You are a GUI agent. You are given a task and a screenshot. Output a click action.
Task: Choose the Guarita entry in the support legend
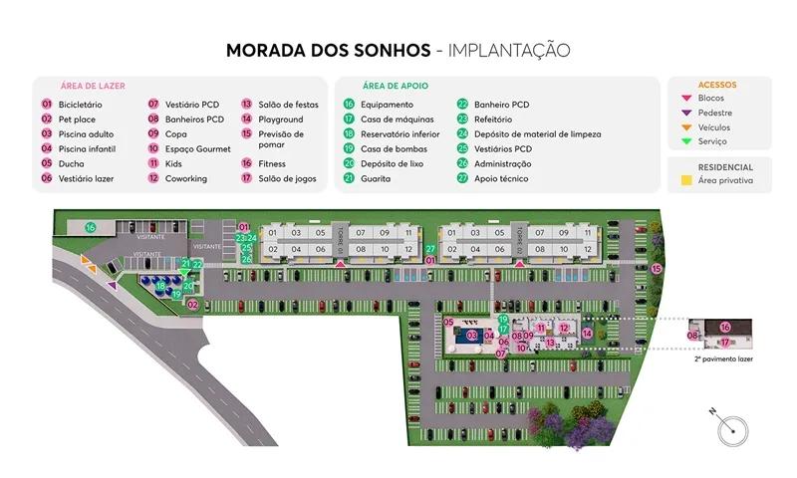point(376,179)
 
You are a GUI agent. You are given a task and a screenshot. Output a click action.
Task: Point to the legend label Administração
point(503,164)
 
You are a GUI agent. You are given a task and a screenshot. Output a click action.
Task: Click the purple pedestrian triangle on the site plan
point(112,285)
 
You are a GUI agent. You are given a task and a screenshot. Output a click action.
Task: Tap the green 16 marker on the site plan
point(90,228)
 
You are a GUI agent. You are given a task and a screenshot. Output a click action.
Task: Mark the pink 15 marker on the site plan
point(657,269)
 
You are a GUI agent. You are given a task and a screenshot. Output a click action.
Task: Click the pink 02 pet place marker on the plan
point(193,305)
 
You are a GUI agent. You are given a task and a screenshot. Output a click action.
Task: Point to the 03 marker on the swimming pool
point(472,336)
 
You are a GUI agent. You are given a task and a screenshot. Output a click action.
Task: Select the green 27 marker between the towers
point(431,249)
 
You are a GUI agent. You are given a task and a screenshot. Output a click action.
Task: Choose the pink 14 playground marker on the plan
point(588,334)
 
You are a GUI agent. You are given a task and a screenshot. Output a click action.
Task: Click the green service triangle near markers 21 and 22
point(184,272)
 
